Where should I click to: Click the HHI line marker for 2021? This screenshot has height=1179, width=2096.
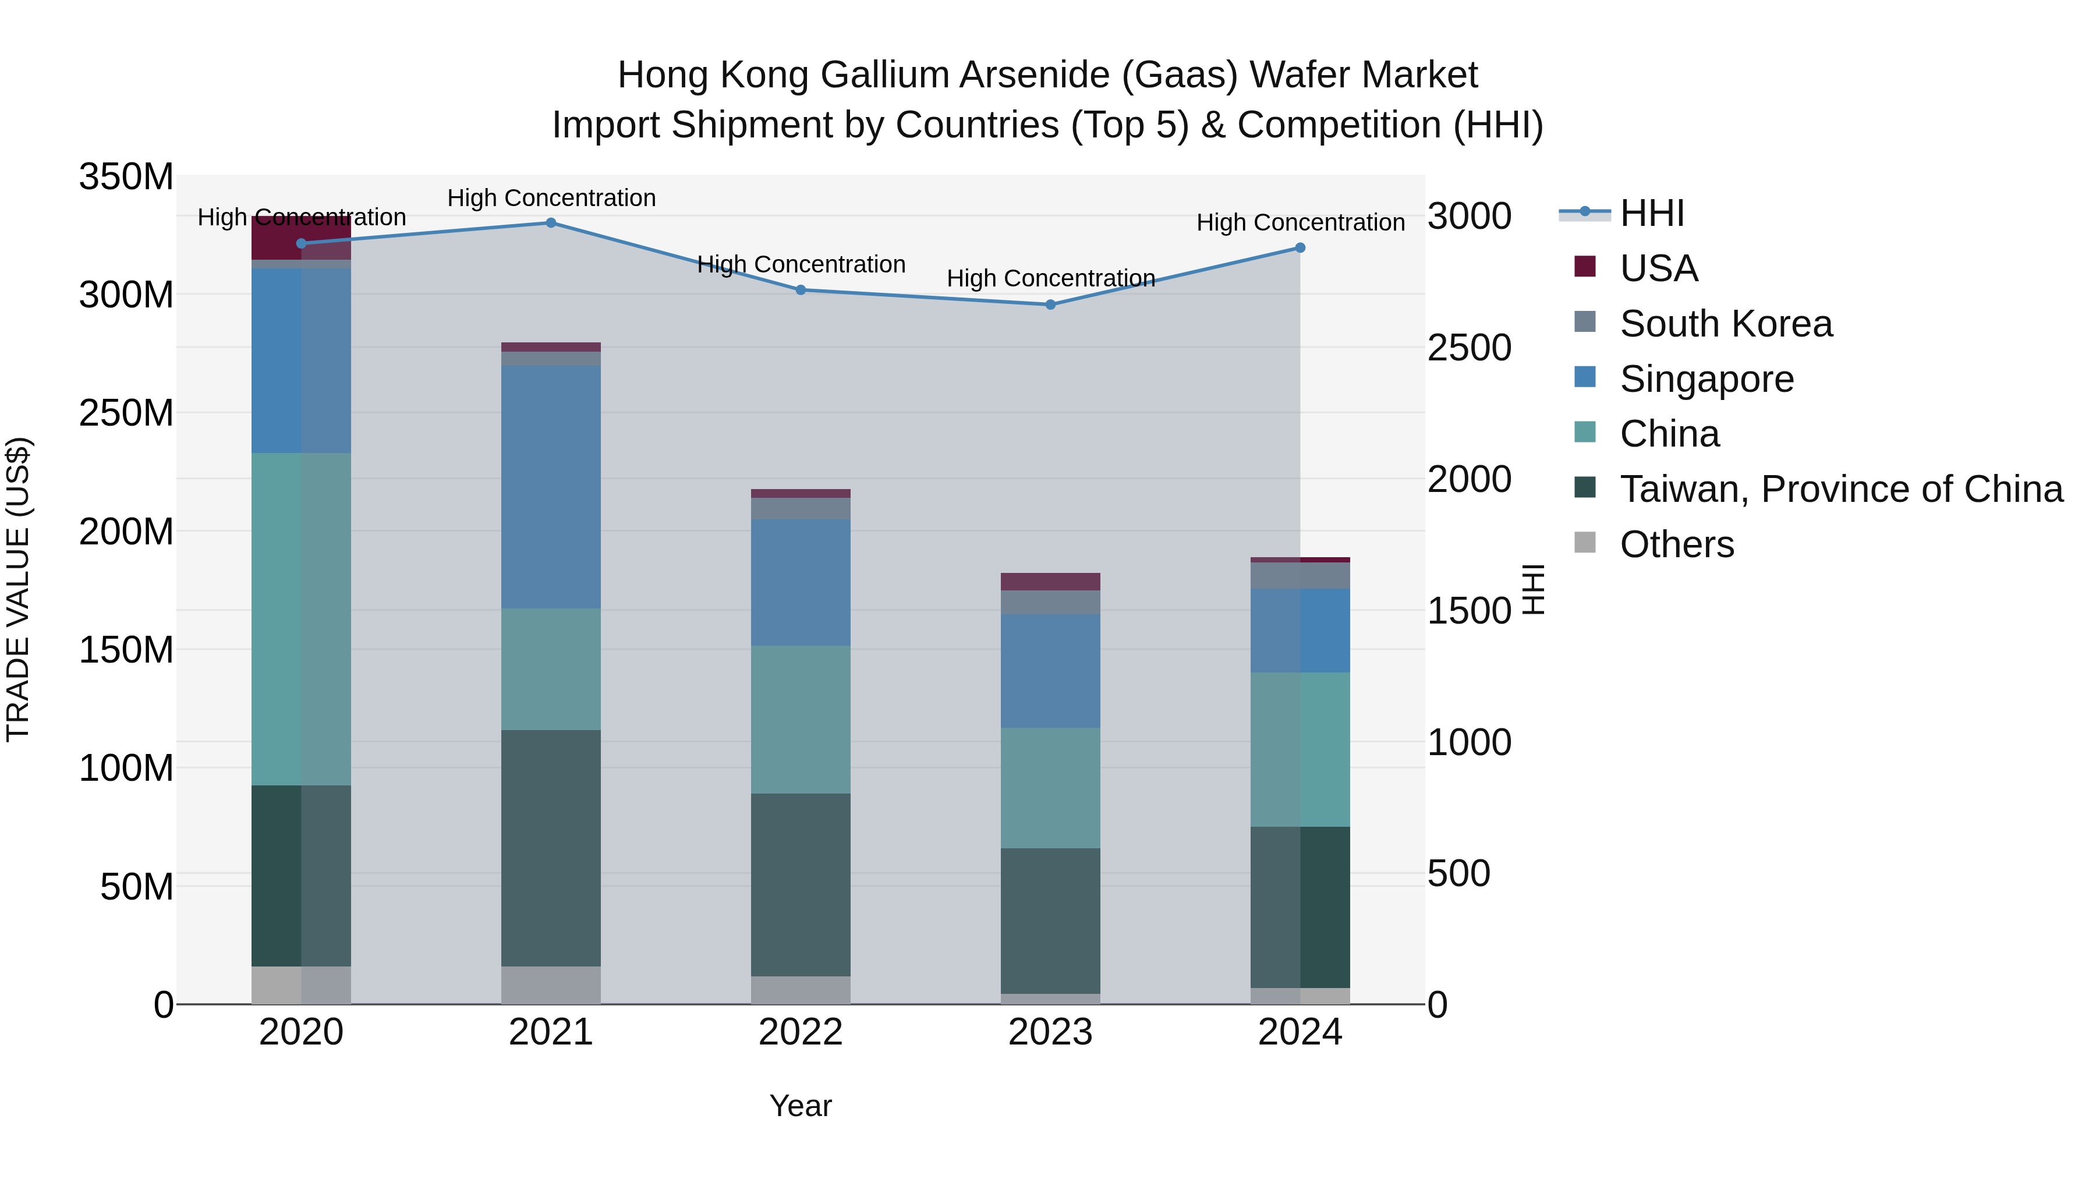(x=551, y=223)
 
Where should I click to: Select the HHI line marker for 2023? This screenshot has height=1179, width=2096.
(x=1050, y=305)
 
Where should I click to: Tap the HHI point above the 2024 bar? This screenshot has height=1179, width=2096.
(x=1300, y=248)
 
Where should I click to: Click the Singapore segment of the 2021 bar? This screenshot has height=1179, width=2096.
(x=551, y=487)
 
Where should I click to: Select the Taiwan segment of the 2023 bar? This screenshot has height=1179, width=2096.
(x=1050, y=920)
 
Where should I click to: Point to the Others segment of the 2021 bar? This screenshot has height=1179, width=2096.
(x=551, y=985)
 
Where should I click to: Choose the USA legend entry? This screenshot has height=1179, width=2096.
(x=1658, y=268)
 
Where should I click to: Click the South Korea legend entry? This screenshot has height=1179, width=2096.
(x=1725, y=324)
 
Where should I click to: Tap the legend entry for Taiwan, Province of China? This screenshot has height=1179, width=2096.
(x=1840, y=489)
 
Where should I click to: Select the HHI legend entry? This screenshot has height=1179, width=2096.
(x=1651, y=213)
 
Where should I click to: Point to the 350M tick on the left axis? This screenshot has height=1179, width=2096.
(x=126, y=176)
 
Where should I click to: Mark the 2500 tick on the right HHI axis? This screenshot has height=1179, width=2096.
(x=1469, y=348)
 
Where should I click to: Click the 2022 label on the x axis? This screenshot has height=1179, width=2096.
(x=800, y=1032)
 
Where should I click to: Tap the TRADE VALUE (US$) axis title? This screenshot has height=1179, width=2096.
(x=18, y=589)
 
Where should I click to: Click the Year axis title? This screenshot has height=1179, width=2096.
(x=800, y=1106)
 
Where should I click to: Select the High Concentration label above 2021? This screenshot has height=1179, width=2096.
(x=551, y=198)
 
